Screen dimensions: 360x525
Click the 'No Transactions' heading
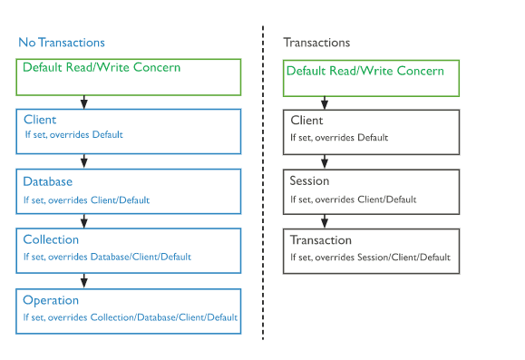(x=62, y=43)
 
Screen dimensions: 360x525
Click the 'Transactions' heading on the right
(x=316, y=43)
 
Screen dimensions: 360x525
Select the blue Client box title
(x=39, y=120)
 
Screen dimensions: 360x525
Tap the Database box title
(x=48, y=180)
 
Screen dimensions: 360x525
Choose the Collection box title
(x=51, y=240)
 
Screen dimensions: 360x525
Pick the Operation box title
(x=51, y=300)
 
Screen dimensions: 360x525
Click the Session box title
(x=309, y=180)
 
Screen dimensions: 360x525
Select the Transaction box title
(x=320, y=240)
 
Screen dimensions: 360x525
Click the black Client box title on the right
(x=306, y=120)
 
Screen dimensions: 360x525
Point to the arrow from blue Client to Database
(x=83, y=161)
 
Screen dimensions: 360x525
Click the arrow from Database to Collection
(x=83, y=220)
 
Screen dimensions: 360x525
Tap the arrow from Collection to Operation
(x=83, y=280)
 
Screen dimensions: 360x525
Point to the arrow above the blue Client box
(x=83, y=102)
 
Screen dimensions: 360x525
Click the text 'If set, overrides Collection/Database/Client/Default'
(x=131, y=317)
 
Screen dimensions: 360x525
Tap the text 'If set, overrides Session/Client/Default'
(x=370, y=258)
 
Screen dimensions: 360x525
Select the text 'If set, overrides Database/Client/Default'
(x=107, y=258)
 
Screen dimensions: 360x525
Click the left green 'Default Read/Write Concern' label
(x=102, y=68)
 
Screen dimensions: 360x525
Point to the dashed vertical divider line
(x=263, y=181)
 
